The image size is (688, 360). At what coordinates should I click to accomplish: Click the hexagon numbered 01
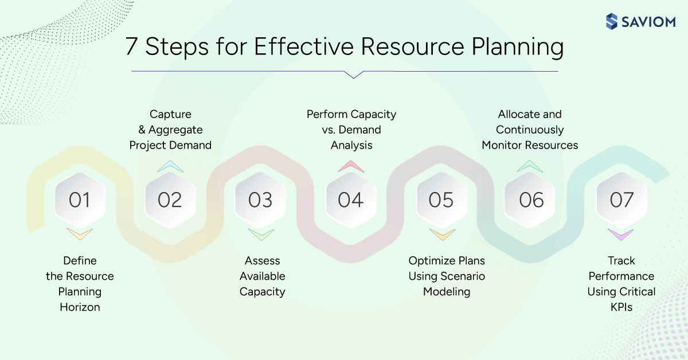(x=80, y=199)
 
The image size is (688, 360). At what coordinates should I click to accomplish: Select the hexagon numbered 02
(x=170, y=199)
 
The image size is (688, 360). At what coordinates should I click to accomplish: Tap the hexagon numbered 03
(x=260, y=199)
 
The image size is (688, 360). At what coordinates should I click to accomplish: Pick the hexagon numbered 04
(x=351, y=199)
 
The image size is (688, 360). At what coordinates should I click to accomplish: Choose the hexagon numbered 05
(x=441, y=199)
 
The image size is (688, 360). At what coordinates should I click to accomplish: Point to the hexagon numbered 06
(x=531, y=199)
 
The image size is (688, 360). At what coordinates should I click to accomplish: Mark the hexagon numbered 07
(x=621, y=199)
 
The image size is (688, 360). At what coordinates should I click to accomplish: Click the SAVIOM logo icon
(x=612, y=22)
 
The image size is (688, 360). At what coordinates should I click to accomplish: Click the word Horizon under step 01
(x=80, y=307)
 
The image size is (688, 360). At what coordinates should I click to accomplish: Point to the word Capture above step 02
(x=170, y=114)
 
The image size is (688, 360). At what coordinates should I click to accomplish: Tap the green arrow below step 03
(x=260, y=234)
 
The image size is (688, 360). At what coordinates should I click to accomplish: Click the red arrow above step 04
(x=351, y=166)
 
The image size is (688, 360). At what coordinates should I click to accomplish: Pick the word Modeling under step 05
(x=447, y=292)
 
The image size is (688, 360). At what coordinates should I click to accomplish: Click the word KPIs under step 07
(x=621, y=307)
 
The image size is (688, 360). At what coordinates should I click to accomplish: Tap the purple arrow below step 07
(x=621, y=234)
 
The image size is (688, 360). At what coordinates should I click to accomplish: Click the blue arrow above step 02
(x=170, y=166)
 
